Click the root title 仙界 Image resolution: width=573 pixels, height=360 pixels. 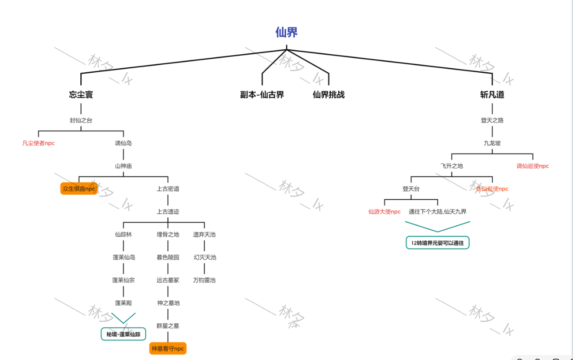pyautogui.click(x=286, y=32)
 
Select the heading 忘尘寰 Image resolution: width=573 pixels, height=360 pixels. pyautogui.click(x=81, y=95)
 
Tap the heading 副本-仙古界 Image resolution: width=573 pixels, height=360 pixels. pyautogui.click(x=262, y=95)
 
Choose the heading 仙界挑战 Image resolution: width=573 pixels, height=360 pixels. pyautogui.click(x=328, y=95)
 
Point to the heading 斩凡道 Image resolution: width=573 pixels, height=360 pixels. pyautogui.click(x=492, y=95)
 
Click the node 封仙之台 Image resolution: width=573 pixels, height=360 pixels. pyautogui.click(x=81, y=120)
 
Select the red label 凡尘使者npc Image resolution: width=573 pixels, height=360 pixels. pyautogui.click(x=39, y=143)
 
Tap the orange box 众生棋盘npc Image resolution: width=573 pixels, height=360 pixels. pyautogui.click(x=79, y=189)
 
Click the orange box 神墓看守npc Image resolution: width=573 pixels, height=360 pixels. pyautogui.click(x=168, y=349)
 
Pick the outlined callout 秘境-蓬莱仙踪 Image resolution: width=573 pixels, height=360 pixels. pyautogui.click(x=123, y=334)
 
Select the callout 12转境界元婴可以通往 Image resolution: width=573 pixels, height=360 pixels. pyautogui.click(x=437, y=243)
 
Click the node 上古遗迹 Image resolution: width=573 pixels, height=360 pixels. pyautogui.click(x=168, y=211)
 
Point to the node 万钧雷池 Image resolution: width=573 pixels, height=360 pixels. pyautogui.click(x=205, y=280)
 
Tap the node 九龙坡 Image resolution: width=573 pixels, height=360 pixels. pyautogui.click(x=492, y=143)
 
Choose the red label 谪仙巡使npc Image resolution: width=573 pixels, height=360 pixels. pyautogui.click(x=533, y=166)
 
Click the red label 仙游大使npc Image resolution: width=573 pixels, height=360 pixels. pyautogui.click(x=385, y=212)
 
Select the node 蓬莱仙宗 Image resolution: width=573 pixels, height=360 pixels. pyautogui.click(x=123, y=280)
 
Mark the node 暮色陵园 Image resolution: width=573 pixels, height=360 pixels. pyautogui.click(x=168, y=257)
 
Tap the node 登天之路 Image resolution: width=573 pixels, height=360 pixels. pyautogui.click(x=492, y=120)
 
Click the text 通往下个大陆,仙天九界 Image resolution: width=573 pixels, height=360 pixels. pyautogui.click(x=437, y=212)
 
